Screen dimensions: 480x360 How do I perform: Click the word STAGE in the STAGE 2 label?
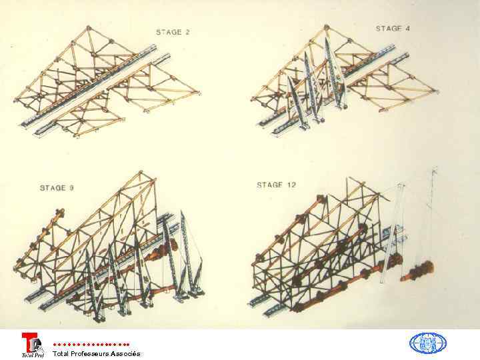[x=169, y=32]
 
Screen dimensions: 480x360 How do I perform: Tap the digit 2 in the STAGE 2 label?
[x=187, y=32]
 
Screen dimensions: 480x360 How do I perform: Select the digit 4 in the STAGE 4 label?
[x=407, y=29]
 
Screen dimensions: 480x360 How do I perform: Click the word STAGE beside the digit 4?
[x=389, y=29]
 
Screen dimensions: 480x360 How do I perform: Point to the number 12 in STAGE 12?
[x=291, y=185]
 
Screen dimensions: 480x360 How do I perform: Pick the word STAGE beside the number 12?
[x=270, y=185]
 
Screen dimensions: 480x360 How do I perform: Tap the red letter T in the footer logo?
[x=29, y=341]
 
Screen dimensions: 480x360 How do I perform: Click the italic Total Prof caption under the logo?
[x=33, y=355]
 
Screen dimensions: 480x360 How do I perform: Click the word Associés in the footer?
[x=126, y=353]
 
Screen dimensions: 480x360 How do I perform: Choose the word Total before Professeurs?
[x=61, y=353]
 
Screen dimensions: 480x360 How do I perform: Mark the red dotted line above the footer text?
[x=91, y=345]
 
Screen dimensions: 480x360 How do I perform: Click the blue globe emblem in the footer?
[x=427, y=343]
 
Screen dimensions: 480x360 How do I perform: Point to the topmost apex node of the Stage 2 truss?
[x=89, y=28]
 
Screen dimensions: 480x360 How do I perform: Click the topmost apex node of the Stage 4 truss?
[x=326, y=27]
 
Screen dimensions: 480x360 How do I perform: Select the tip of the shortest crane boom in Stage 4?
[x=289, y=77]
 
